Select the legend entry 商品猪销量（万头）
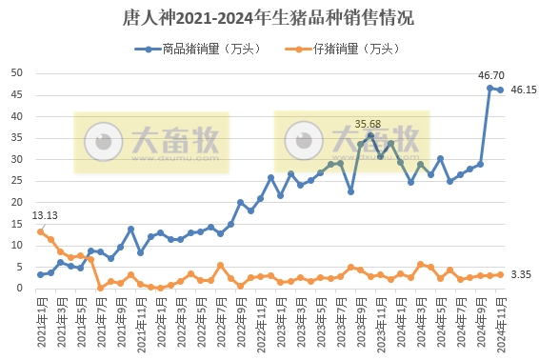pyautogui.click(x=198, y=49)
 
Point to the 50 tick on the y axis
pyautogui.click(x=18, y=72)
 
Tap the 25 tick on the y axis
pyautogui.click(x=18, y=180)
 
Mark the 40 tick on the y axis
pyautogui.click(x=18, y=115)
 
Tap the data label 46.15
pyautogui.click(x=522, y=90)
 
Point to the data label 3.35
pyautogui.click(x=520, y=274)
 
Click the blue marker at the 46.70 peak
pyautogui.click(x=490, y=88)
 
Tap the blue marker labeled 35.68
pyautogui.click(x=370, y=135)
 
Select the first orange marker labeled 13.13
pyautogui.click(x=40, y=231)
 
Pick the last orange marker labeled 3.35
pyautogui.click(x=500, y=274)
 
